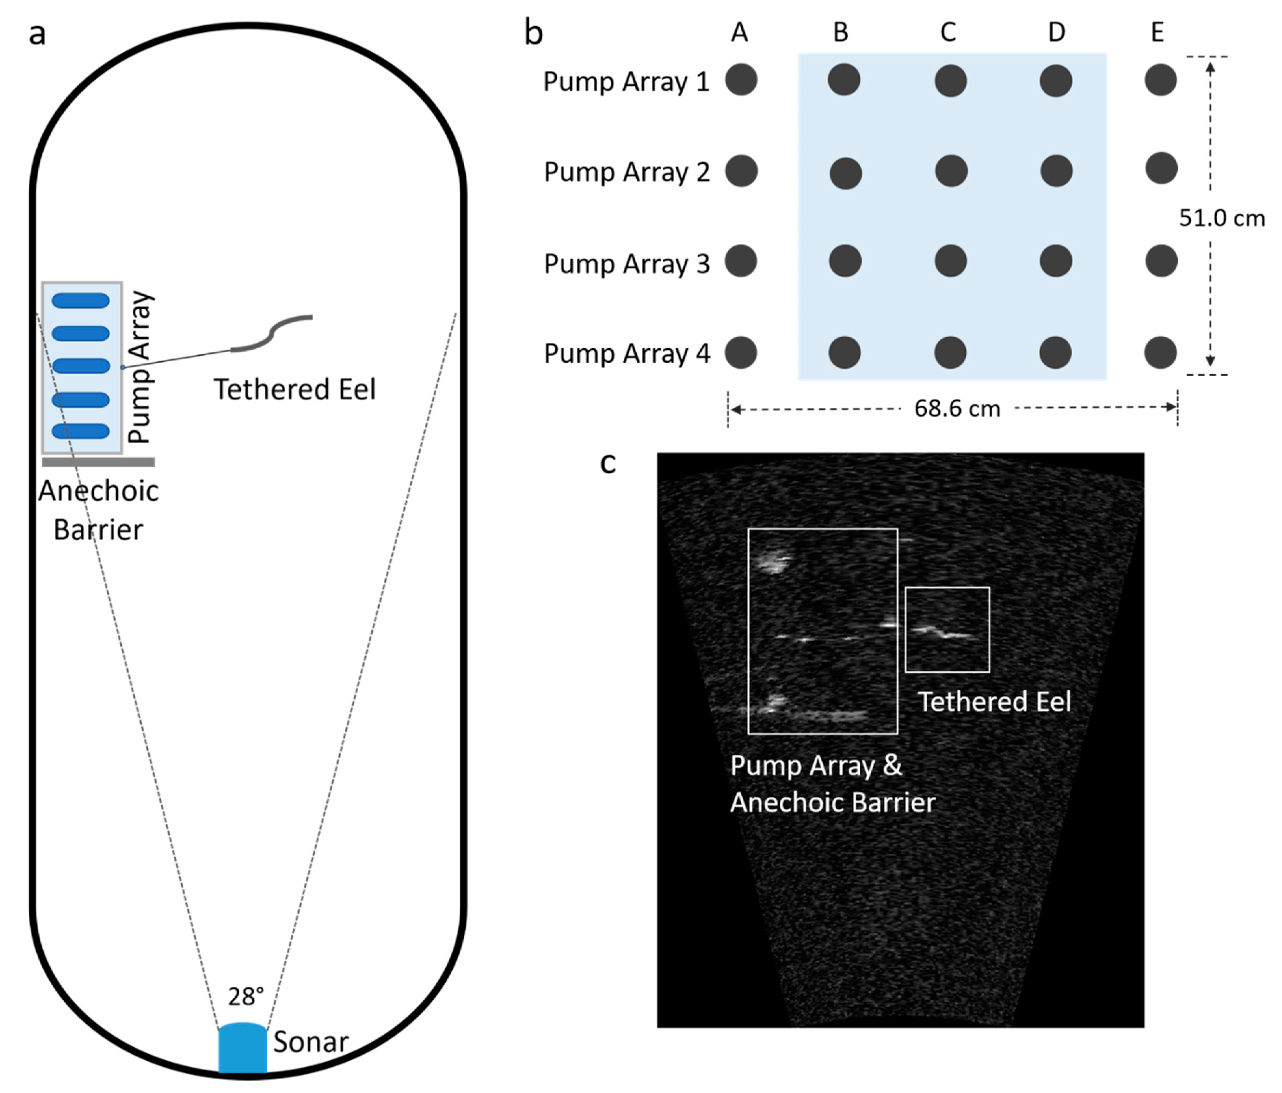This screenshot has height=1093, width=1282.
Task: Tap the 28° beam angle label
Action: click(246, 996)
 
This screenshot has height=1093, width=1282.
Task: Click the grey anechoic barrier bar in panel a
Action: click(98, 461)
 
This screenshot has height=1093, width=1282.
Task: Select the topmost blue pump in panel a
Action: click(81, 301)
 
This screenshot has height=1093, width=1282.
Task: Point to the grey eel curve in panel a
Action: click(272, 334)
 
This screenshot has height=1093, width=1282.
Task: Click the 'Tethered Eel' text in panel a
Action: click(294, 390)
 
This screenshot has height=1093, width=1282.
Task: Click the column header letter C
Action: click(948, 32)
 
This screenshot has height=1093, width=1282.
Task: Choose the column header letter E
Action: click(1158, 32)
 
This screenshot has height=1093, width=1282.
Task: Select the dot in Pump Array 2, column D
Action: click(1056, 171)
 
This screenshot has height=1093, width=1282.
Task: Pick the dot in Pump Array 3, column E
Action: click(1161, 261)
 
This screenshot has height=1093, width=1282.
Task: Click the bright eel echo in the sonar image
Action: click(943, 632)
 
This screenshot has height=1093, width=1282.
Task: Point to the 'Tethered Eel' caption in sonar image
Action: click(994, 701)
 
